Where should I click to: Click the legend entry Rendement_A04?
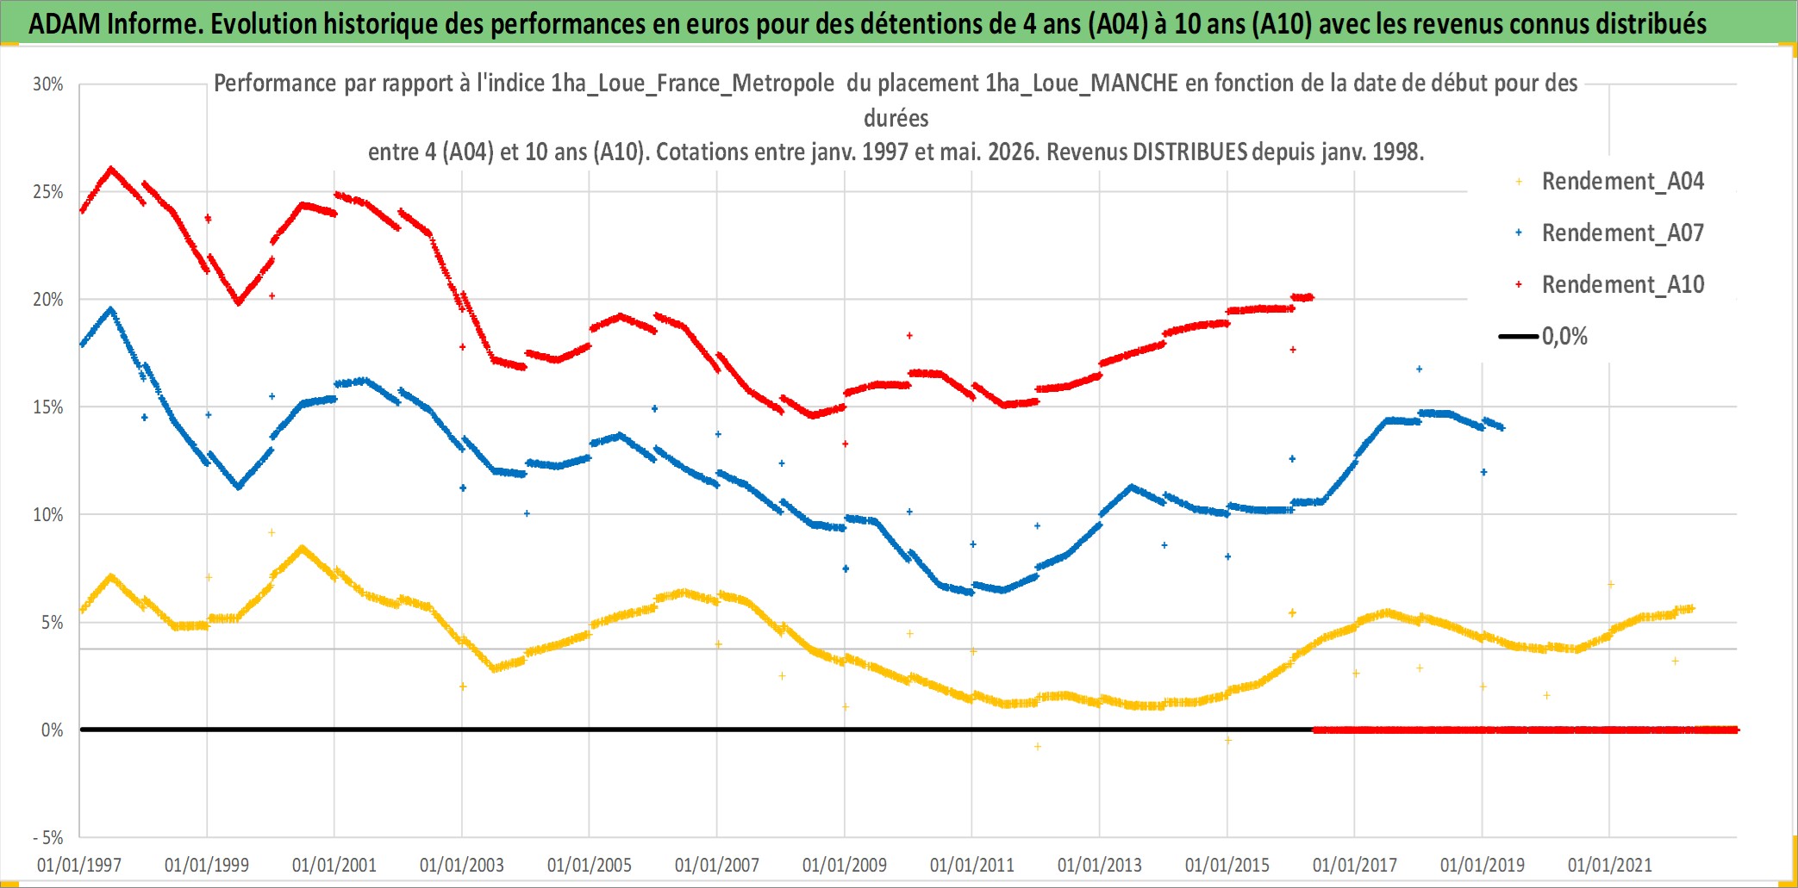(1610, 182)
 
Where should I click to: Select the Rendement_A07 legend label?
(1610, 233)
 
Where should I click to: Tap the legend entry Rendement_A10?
(1610, 285)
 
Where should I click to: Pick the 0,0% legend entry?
(1544, 336)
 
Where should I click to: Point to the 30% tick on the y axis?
(48, 84)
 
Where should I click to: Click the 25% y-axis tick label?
(48, 192)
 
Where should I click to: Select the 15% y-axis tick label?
(48, 407)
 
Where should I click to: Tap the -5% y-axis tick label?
(48, 838)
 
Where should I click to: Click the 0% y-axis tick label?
(53, 730)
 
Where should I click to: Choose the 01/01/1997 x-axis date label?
(79, 865)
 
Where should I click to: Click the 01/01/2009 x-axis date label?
(845, 865)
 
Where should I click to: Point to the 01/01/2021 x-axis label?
(1610, 865)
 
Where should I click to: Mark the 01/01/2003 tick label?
(462, 865)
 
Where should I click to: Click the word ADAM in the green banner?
(65, 24)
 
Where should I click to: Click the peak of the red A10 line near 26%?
(111, 169)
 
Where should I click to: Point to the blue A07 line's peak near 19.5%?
(111, 309)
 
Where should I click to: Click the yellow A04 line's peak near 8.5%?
(302, 547)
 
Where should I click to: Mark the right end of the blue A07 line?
(1502, 427)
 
